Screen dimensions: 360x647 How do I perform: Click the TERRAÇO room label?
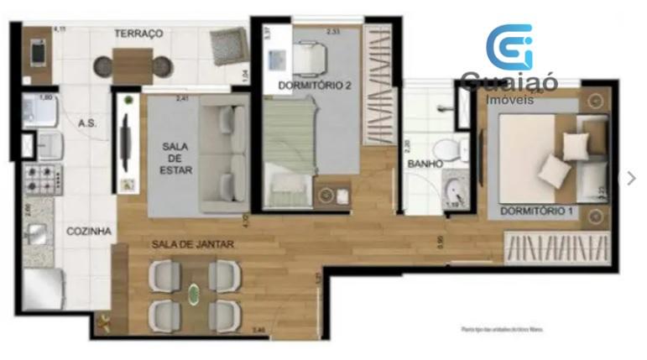138,34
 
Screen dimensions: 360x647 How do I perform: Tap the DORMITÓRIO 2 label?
315,84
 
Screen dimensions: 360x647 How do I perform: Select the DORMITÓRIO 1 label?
536,211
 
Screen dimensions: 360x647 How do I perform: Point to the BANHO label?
425,164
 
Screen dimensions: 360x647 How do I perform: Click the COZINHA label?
89,231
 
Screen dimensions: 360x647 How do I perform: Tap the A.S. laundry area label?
86,123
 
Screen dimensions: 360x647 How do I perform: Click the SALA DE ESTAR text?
177,158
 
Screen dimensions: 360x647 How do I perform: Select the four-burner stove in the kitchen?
42,178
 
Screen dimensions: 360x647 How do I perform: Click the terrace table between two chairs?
132,63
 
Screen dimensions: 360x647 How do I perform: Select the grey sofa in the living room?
224,155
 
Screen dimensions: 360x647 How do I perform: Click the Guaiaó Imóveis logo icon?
510,47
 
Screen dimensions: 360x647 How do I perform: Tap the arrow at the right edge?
631,178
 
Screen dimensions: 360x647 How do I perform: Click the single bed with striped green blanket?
288,149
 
